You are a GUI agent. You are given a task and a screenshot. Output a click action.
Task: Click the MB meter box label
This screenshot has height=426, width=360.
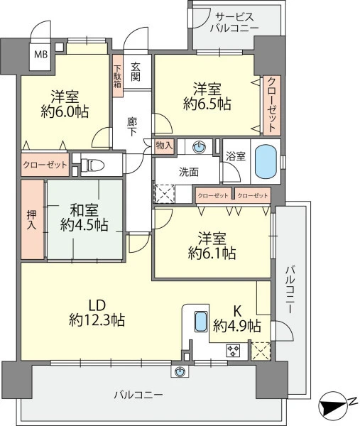(40, 55)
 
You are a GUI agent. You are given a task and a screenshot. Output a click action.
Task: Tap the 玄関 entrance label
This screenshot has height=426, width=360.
(136, 72)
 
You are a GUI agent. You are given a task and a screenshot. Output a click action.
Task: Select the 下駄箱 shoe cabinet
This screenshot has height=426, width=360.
(118, 76)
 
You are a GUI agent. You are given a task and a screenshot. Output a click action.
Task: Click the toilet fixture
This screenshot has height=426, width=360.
(93, 165)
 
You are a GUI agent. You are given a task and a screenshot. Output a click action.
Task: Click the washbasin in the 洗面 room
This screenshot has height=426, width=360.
(199, 147)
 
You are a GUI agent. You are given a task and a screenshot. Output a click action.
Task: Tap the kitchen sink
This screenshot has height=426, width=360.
(201, 322)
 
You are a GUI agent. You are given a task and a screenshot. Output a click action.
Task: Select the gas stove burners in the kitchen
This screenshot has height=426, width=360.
(233, 351)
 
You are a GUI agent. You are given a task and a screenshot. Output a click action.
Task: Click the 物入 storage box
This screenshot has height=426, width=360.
(164, 146)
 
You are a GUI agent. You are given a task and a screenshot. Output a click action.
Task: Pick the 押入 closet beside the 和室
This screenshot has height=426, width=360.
(33, 219)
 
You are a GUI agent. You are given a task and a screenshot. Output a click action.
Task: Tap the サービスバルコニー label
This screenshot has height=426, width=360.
(234, 23)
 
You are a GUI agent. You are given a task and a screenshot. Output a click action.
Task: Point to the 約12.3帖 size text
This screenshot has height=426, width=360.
(97, 319)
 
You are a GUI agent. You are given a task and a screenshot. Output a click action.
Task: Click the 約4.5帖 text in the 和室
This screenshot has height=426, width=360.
(84, 224)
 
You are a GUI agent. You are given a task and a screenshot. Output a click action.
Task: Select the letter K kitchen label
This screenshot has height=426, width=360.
(237, 312)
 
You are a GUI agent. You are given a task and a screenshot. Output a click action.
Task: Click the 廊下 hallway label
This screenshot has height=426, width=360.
(132, 127)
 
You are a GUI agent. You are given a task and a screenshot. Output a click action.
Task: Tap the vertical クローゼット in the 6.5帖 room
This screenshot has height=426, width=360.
(272, 105)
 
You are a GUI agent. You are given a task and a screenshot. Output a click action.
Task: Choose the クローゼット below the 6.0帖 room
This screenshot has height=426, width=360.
(45, 165)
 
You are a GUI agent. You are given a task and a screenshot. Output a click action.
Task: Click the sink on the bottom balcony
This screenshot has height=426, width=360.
(180, 371)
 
